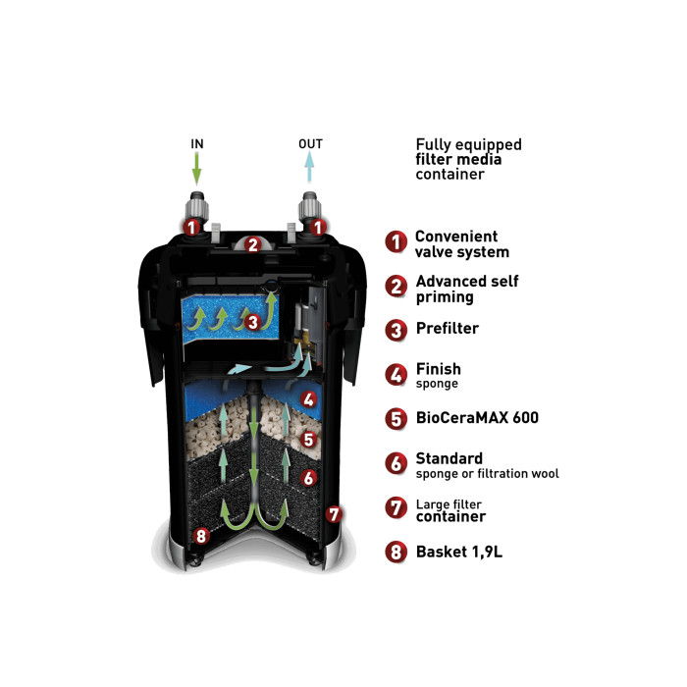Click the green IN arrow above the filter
click(197, 169)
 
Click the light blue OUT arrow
click(310, 167)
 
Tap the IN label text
click(197, 143)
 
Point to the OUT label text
click(310, 143)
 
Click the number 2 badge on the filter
click(253, 245)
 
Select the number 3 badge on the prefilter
click(253, 322)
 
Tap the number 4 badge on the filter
click(309, 399)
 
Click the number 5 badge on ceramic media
click(308, 439)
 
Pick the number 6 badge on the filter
click(309, 478)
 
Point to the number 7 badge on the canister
click(334, 514)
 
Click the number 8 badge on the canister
click(201, 536)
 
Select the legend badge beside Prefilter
click(396, 330)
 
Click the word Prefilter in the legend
click(448, 328)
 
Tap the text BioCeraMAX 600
click(477, 417)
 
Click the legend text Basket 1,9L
click(459, 552)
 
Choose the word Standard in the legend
click(449, 458)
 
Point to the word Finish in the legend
click(438, 369)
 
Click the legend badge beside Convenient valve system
click(396, 241)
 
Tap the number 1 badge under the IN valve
click(191, 228)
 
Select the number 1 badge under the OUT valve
click(318, 227)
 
